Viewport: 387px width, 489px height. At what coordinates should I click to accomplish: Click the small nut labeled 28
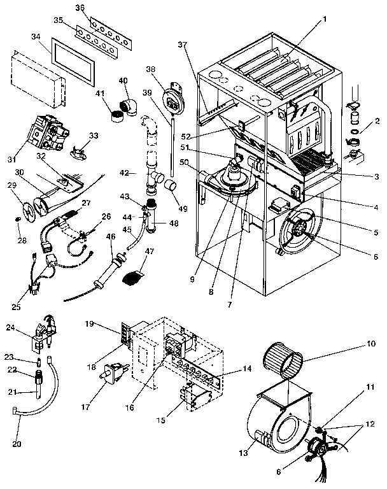point(19,220)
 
